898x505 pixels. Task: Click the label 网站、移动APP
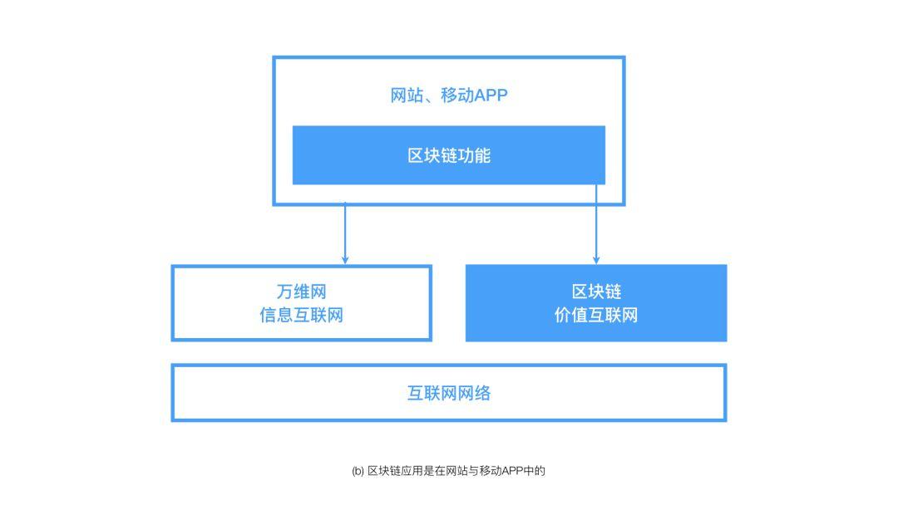pyautogui.click(x=449, y=96)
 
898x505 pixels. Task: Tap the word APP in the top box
pyautogui.click(x=491, y=96)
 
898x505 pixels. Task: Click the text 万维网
pyautogui.click(x=301, y=292)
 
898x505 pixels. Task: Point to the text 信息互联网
pyautogui.click(x=301, y=316)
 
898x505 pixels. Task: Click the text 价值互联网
pyautogui.click(x=596, y=316)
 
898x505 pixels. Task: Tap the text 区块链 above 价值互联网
pyautogui.click(x=596, y=292)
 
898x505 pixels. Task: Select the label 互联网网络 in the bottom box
pyautogui.click(x=449, y=393)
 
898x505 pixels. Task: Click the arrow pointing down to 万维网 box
pyautogui.click(x=345, y=233)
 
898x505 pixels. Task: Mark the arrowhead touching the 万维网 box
pyautogui.click(x=345, y=260)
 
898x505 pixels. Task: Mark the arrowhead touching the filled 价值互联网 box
pyautogui.click(x=596, y=260)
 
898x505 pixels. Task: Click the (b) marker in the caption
pyautogui.click(x=358, y=471)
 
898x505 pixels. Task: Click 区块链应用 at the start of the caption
pyautogui.click(x=392, y=471)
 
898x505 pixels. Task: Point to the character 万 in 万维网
pyautogui.click(x=284, y=292)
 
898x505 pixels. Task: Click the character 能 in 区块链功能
pyautogui.click(x=482, y=155)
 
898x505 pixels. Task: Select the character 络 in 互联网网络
pyautogui.click(x=482, y=393)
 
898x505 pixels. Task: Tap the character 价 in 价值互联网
pyautogui.click(x=563, y=316)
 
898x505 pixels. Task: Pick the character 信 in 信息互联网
pyautogui.click(x=268, y=316)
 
